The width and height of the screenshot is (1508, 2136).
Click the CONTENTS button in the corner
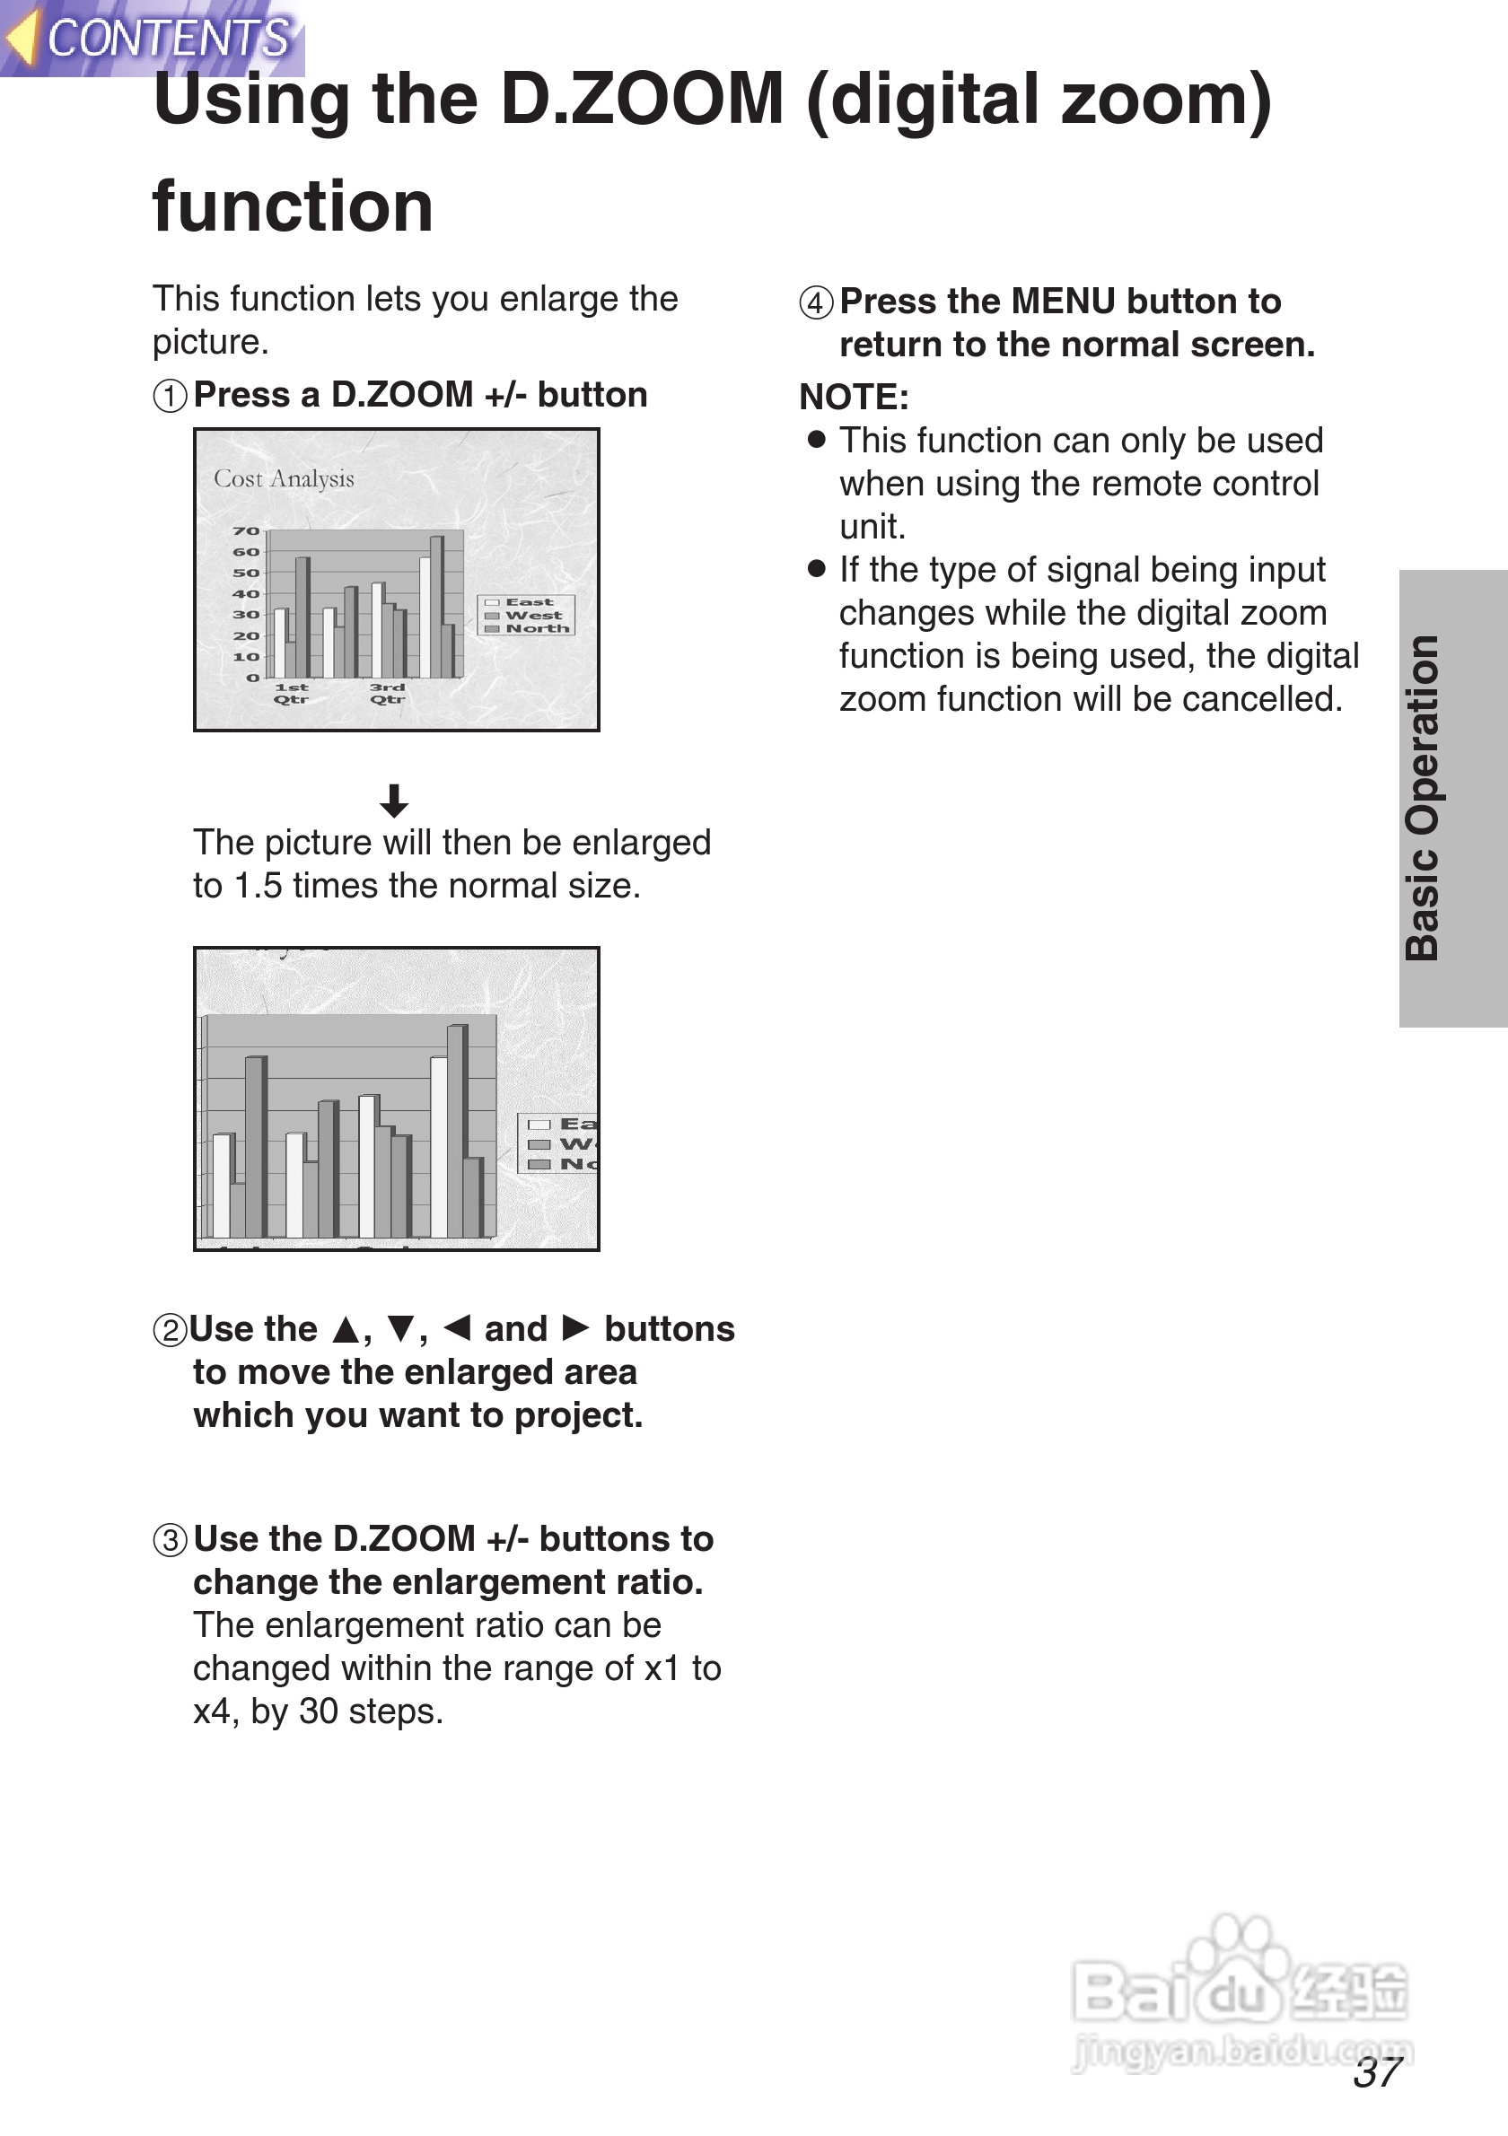153,38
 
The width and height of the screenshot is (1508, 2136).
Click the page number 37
1378,2071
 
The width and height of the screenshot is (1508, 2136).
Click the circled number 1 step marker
170,397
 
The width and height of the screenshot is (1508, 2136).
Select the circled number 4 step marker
816,303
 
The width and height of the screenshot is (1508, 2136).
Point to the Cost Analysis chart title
284,479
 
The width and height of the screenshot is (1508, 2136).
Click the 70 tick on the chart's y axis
246,531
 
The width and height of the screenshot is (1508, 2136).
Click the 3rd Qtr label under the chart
388,693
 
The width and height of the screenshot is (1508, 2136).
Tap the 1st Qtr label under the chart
291,693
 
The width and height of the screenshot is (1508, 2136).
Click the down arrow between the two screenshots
394,800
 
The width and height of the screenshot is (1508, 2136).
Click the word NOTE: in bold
853,398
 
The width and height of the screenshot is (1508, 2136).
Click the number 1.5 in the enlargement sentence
258,886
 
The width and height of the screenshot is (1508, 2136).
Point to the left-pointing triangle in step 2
457,1327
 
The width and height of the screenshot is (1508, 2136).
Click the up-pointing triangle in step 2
346,1330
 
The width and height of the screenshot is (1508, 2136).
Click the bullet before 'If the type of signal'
817,568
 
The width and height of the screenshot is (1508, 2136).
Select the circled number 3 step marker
170,1541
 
